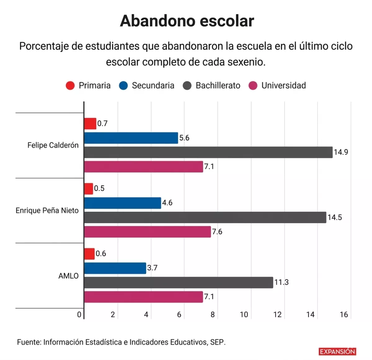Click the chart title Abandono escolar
tap(187, 21)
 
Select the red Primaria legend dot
tap(70, 86)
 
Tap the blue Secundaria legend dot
tap(123, 86)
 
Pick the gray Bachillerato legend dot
tap(187, 86)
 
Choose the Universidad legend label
tap(283, 86)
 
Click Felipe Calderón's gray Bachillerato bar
tap(208, 152)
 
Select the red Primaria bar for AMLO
tap(89, 254)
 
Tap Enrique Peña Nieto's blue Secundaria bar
tap(122, 203)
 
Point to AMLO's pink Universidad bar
tap(144, 297)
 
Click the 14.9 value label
tap(341, 152)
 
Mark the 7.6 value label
tap(217, 232)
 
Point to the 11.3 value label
tap(281, 282)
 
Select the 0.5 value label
tap(99, 189)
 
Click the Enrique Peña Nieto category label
tap(47, 211)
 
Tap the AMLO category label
tap(69, 276)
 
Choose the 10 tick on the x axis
tap(244, 315)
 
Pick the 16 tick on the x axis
tap(343, 315)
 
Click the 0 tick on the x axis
tap(79, 315)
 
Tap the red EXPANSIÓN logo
tap(337, 352)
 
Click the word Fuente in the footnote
tap(29, 342)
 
